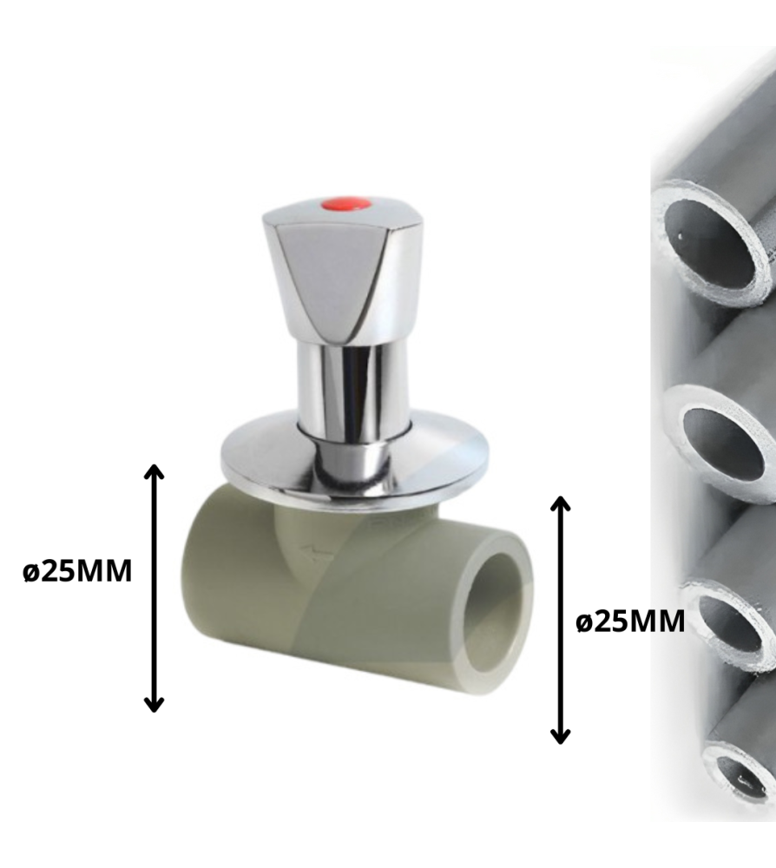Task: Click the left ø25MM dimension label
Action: click(x=79, y=572)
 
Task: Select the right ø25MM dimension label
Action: click(x=631, y=621)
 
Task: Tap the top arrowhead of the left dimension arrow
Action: click(x=154, y=471)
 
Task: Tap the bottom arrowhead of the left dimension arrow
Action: click(x=154, y=704)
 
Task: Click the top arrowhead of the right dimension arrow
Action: click(x=561, y=503)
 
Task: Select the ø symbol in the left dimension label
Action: click(x=32, y=572)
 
